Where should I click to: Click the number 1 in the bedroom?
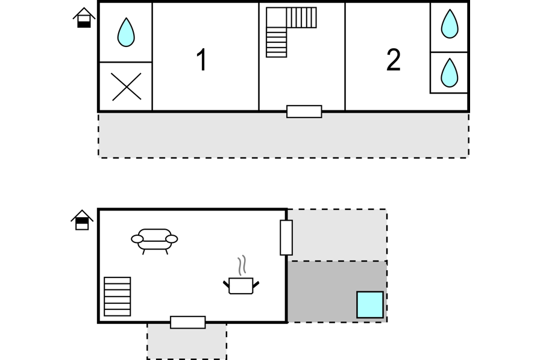click(201, 60)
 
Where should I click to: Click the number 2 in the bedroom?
click(394, 60)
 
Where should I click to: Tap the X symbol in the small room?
click(126, 87)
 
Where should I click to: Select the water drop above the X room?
click(126, 32)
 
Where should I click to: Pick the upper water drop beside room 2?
click(450, 24)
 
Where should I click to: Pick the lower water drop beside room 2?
click(450, 72)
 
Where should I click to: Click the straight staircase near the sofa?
click(118, 296)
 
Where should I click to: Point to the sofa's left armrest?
click(137, 239)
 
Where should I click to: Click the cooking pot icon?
click(241, 286)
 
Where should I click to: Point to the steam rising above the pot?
click(242, 265)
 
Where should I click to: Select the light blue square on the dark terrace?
click(370, 305)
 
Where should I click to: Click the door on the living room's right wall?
click(286, 238)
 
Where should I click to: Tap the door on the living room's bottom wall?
click(188, 322)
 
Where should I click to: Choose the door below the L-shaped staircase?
click(304, 112)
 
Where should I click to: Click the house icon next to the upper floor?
click(84, 17)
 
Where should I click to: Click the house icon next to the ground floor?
click(82, 219)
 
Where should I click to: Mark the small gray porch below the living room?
click(187, 341)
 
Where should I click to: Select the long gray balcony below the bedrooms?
click(283, 136)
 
